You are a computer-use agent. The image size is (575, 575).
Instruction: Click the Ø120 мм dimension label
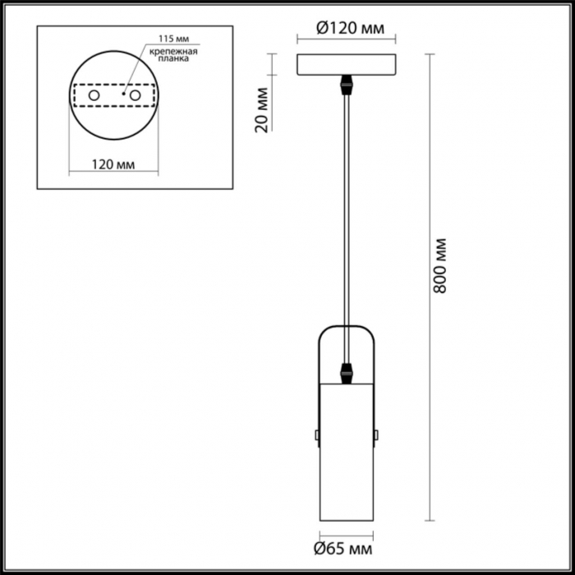[x=350, y=28]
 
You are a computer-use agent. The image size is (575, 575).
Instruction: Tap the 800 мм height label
[x=439, y=265]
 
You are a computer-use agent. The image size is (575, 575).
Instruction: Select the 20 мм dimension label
[x=262, y=109]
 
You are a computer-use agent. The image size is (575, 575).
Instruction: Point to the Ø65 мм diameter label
[x=343, y=548]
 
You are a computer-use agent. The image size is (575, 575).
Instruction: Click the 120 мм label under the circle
[x=113, y=164]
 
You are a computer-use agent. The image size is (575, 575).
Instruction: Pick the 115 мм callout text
[x=174, y=39]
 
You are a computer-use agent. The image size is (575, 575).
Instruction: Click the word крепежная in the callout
[x=173, y=51]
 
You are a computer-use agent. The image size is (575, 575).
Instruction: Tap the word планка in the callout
[x=173, y=58]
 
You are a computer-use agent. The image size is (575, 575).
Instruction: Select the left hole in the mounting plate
[x=94, y=95]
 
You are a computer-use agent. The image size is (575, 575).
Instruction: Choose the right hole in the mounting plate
[x=135, y=95]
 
